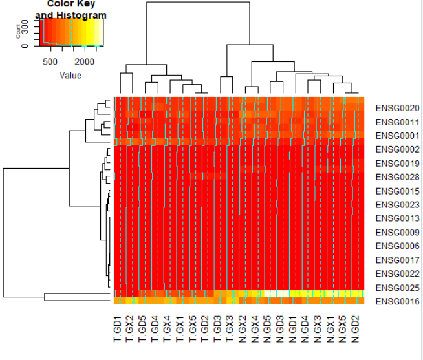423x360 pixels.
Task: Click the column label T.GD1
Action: (118, 329)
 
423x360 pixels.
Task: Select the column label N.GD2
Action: (356, 329)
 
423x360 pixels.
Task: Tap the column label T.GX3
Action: (231, 329)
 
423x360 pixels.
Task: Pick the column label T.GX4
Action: (168, 329)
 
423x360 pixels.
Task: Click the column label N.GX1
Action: (331, 329)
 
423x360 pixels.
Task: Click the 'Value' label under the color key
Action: (70, 75)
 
